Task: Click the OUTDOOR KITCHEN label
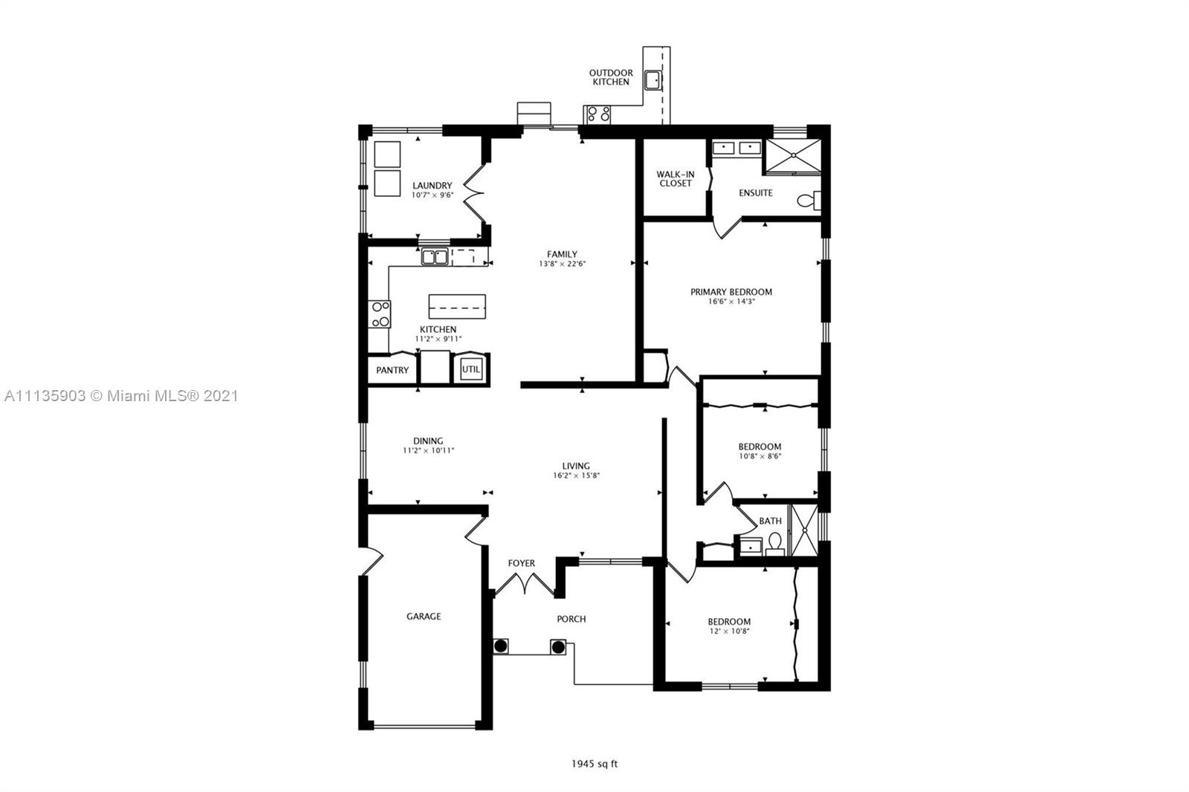[611, 77]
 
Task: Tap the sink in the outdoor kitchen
[653, 81]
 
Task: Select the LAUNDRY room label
[432, 185]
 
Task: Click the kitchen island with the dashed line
[457, 307]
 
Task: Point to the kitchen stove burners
[380, 314]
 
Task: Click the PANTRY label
[392, 370]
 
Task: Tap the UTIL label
[471, 369]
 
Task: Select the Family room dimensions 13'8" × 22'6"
[562, 264]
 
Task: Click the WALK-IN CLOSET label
[676, 179]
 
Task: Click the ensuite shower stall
[793, 156]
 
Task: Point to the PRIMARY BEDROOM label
[731, 292]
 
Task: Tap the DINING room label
[428, 441]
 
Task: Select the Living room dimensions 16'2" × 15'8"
[576, 475]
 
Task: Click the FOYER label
[521, 563]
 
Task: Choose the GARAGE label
[424, 617]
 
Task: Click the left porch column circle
[501, 646]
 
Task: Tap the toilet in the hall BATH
[775, 544]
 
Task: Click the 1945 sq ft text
[594, 764]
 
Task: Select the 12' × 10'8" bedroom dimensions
[729, 632]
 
